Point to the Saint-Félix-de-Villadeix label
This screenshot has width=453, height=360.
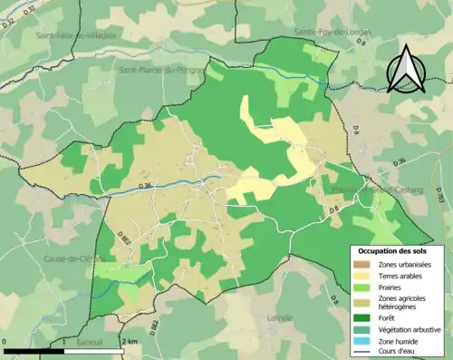[x=76, y=35]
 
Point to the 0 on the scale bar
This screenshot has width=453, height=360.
[x=6, y=341]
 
